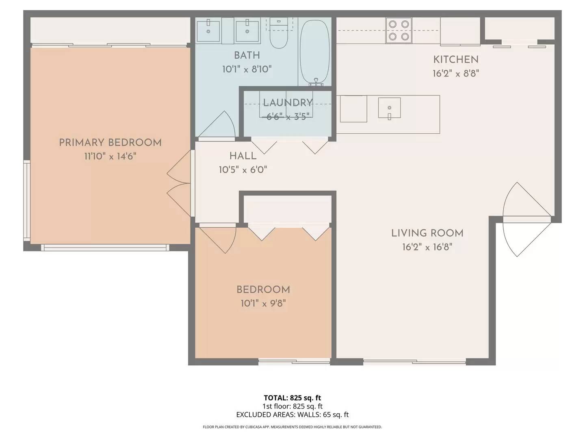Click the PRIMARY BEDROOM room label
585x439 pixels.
tap(110, 143)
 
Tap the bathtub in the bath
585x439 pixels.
tap(315, 51)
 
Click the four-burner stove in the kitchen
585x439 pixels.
tap(399, 30)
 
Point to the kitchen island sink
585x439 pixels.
tap(389, 108)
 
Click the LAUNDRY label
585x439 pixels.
tap(288, 102)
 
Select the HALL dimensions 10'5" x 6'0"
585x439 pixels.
tap(243, 170)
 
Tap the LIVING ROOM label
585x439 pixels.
tap(427, 233)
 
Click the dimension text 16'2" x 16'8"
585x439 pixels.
tap(427, 247)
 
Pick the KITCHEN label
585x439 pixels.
tap(456, 59)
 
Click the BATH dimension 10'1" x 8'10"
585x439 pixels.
tap(247, 69)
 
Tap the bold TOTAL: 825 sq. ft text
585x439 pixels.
tap(292, 398)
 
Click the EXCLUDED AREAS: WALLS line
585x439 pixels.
tap(292, 415)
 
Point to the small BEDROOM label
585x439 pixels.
tap(263, 289)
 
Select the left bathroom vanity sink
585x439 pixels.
tap(208, 31)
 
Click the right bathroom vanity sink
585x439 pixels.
tap(247, 31)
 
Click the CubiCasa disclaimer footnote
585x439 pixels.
tap(292, 427)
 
